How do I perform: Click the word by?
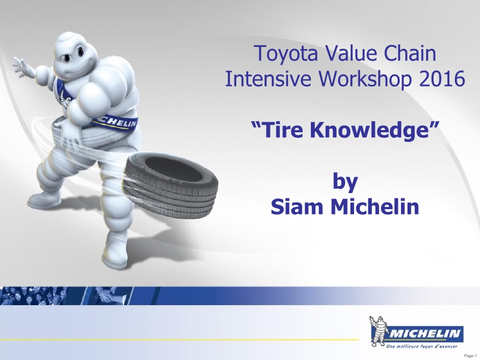pos(345,182)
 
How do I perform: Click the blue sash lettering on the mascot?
pos(118,122)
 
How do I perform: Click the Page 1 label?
pos(470,355)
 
